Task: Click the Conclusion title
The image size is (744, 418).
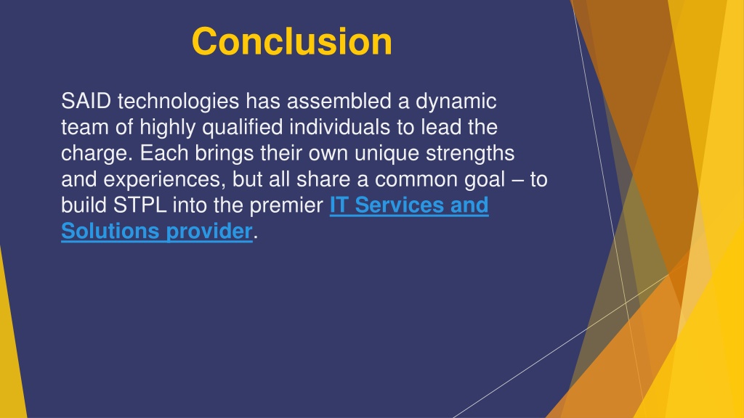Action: pyautogui.click(x=292, y=41)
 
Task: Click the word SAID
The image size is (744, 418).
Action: pyautogui.click(x=86, y=101)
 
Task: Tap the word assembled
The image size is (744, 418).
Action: pyautogui.click(x=339, y=101)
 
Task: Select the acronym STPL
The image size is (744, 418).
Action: pyautogui.click(x=140, y=205)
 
